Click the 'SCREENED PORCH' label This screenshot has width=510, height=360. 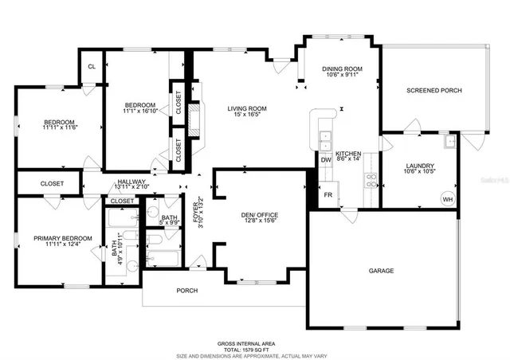coord(434,90)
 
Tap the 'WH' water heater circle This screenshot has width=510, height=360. coord(447,199)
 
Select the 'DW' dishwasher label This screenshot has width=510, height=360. coord(325,160)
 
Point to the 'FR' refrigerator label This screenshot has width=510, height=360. coord(327,194)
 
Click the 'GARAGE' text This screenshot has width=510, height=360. coord(381,271)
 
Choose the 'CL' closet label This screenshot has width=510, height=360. coord(92,67)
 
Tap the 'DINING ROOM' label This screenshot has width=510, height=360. coord(343,69)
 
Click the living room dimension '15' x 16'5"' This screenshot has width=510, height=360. coord(246,116)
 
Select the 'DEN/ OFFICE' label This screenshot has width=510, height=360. coord(260,215)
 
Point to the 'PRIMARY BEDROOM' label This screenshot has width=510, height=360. coord(63,238)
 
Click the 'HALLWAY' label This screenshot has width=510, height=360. coord(131,182)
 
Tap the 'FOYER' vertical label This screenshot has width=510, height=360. coord(196,213)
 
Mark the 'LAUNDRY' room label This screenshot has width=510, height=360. coord(418,165)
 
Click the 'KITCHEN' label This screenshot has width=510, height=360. coord(348,153)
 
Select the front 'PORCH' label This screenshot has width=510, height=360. coord(186,290)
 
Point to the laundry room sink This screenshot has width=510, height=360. coord(449,142)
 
